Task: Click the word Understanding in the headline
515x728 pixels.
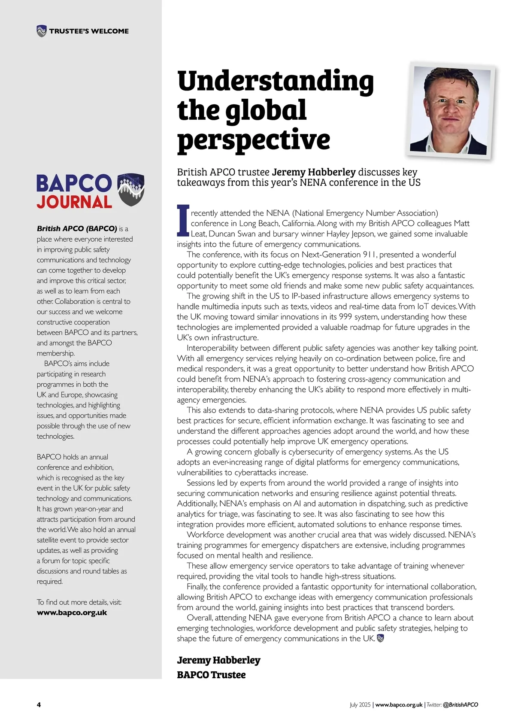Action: pos(275,82)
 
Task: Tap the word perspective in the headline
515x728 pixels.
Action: pos(253,140)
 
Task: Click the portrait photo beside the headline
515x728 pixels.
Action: pos(450,111)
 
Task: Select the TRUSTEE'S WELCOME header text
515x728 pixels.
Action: pos(89,31)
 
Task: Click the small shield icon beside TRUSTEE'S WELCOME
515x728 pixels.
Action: pos(41,31)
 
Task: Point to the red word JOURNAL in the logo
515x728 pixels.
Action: pos(74,202)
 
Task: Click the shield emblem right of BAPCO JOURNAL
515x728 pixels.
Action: pos(131,189)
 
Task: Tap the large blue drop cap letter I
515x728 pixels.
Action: pos(183,221)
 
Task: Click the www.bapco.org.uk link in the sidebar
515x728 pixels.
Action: pos(72,613)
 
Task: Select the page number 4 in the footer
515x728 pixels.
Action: pos(39,704)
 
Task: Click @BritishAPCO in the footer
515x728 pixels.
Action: pos(460,704)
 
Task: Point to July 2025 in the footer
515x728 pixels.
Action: pos(360,704)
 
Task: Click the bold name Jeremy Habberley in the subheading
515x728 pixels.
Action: pos(314,172)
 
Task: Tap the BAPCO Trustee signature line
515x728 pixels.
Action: pos(211,675)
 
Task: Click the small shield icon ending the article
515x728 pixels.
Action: pos(380,638)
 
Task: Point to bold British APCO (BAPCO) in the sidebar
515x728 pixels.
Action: pos(77,228)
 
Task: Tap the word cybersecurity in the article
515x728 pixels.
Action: pos(314,452)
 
